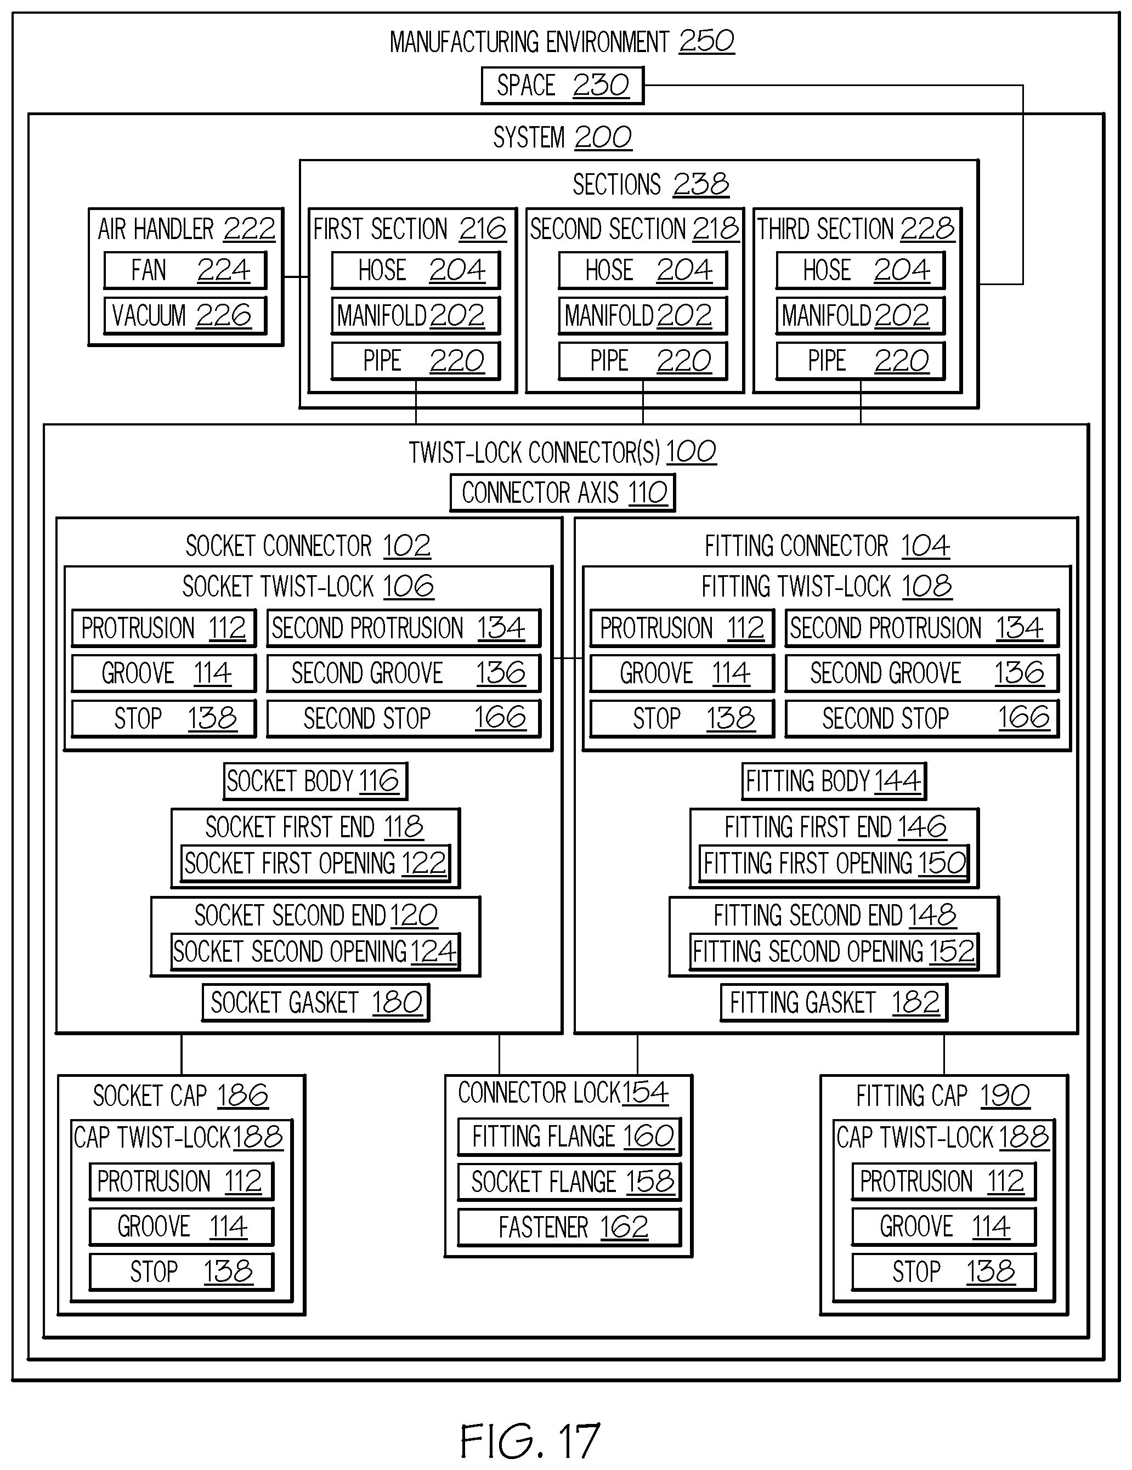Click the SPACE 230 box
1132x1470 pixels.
coord(562,86)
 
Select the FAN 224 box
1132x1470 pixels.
coord(185,270)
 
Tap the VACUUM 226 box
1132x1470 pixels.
coord(185,315)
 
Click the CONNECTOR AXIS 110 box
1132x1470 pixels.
coord(562,493)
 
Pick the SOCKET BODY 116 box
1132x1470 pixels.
coord(316,781)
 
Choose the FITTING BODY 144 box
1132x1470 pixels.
coord(834,781)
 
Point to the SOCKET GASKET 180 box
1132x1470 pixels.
coord(316,1002)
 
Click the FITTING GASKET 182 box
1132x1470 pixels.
coord(834,1002)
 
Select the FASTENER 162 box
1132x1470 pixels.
coord(570,1227)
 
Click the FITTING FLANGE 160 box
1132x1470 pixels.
coord(570,1136)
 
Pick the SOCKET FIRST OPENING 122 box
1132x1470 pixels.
coord(316,863)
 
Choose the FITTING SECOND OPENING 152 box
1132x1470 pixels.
coord(834,951)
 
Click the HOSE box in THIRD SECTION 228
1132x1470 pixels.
coord(860,270)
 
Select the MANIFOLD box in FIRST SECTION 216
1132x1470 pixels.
coord(416,315)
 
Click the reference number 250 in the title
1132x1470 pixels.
coord(706,42)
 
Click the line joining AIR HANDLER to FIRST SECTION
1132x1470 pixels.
coord(296,277)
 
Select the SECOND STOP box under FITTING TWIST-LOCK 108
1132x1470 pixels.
coord(922,718)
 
